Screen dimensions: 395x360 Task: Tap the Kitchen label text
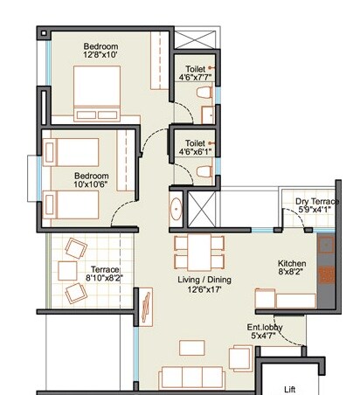pyautogui.click(x=291, y=263)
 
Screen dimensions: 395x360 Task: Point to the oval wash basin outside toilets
pyautogui.click(x=175, y=210)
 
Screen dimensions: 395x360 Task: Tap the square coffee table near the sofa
pyautogui.click(x=191, y=347)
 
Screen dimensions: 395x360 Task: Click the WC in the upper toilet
pyautogui.click(x=204, y=92)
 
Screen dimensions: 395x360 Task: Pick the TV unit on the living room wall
pyautogui.click(x=148, y=307)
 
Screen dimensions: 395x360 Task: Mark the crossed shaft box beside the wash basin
pyautogui.click(x=202, y=210)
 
